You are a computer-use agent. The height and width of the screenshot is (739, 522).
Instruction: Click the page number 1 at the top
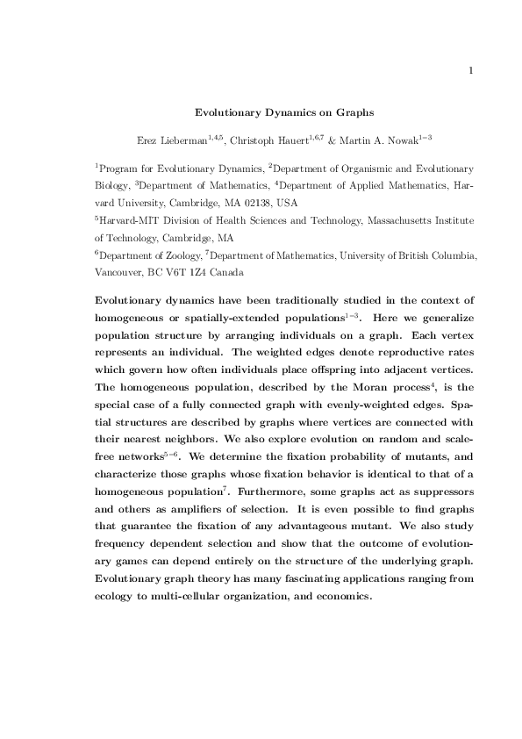(x=472, y=71)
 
